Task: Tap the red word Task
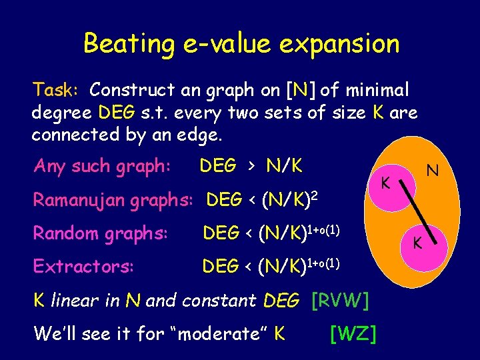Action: [x=56, y=89]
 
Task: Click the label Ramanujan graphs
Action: [x=113, y=199]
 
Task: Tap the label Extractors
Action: [x=83, y=267]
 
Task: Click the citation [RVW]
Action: [x=340, y=301]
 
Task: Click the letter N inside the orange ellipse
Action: [x=432, y=171]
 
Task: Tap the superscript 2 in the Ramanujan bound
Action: [x=311, y=193]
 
